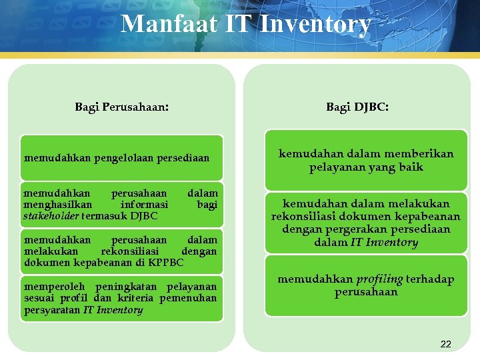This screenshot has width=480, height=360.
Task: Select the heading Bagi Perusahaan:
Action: tap(121, 107)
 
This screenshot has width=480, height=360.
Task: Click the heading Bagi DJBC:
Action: tap(358, 107)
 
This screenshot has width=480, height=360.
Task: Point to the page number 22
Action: tap(446, 344)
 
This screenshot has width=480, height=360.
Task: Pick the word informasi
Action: tap(144, 205)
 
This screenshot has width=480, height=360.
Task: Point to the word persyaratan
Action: tap(52, 310)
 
